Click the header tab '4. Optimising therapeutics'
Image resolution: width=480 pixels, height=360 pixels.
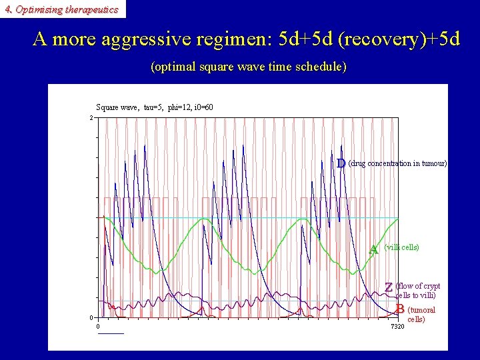(x=61, y=9)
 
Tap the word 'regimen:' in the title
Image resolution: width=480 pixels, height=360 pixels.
(x=231, y=39)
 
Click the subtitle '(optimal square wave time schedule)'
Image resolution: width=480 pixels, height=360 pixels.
(x=249, y=67)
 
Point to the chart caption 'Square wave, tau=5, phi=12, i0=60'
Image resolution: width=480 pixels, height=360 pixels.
(x=155, y=107)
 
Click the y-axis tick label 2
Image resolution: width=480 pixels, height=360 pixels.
(x=91, y=118)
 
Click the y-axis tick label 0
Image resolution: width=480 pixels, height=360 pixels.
(x=91, y=317)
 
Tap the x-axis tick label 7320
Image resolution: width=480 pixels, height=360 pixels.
(x=397, y=326)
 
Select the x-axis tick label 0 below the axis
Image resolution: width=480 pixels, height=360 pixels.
(x=98, y=326)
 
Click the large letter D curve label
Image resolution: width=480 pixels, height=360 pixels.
(x=341, y=163)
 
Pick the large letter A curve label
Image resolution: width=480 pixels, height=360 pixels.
(x=374, y=249)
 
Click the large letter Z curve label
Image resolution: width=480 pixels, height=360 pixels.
(x=388, y=287)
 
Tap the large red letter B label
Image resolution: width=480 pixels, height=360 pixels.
(x=399, y=309)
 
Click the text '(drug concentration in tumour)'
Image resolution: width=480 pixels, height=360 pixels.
(x=397, y=163)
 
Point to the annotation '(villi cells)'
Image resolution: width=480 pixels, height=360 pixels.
(x=402, y=247)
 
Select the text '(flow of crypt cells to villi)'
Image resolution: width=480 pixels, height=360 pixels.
(x=417, y=291)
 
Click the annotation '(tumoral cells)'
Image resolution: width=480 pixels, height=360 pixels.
(x=421, y=314)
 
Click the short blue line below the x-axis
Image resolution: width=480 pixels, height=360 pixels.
(x=111, y=333)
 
